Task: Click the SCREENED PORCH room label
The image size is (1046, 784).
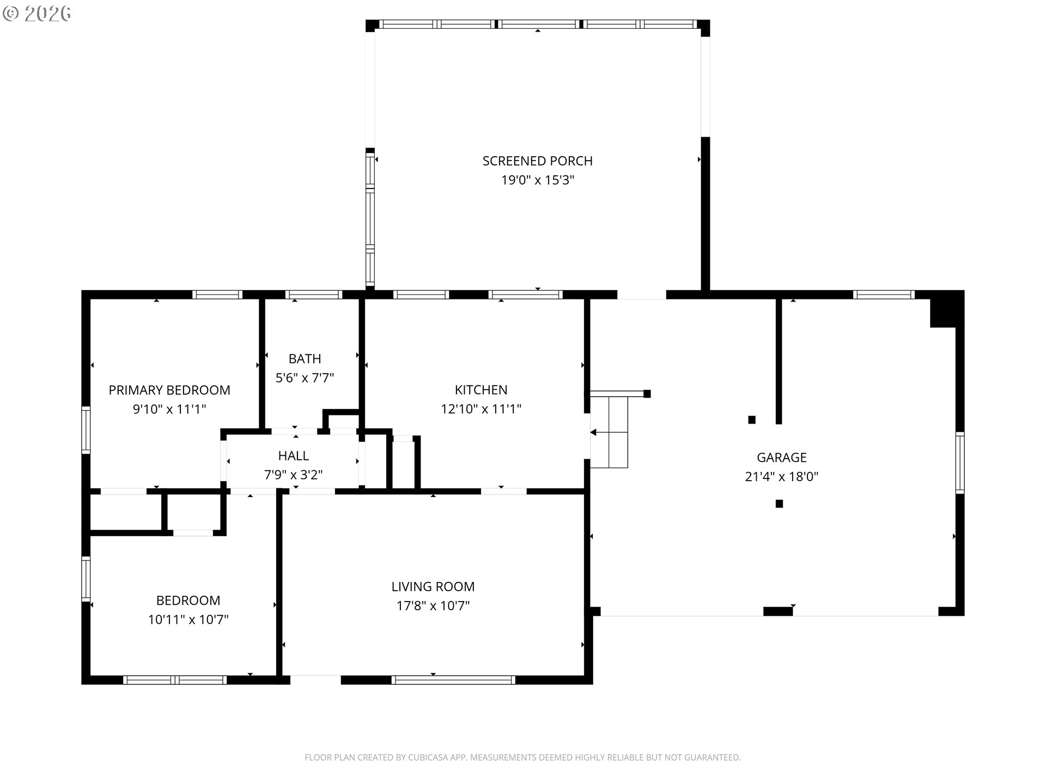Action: tap(537, 161)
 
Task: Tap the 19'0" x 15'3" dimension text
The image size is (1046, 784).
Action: tap(538, 180)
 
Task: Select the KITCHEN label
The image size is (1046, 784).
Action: tap(481, 390)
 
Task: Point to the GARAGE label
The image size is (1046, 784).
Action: tap(781, 457)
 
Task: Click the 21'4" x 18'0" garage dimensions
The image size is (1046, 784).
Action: tap(781, 476)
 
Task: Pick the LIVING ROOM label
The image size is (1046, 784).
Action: tap(433, 586)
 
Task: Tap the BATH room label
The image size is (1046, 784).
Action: tap(305, 359)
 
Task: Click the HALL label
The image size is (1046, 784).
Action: tap(293, 456)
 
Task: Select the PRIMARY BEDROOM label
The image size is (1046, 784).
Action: tap(169, 390)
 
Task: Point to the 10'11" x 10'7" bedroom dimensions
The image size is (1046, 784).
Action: tap(188, 620)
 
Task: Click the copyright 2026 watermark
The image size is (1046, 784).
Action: tap(37, 14)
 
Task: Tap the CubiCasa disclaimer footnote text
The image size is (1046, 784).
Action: tap(522, 757)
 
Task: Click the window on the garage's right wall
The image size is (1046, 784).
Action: tap(960, 463)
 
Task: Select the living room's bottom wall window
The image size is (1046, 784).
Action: tap(453, 679)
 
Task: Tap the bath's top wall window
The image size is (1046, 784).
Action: tap(314, 295)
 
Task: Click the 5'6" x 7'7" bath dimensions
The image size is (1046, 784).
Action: tap(305, 378)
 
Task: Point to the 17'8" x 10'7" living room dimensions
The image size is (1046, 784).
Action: tap(433, 605)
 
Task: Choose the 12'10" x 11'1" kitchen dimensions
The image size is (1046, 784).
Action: tap(481, 409)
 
